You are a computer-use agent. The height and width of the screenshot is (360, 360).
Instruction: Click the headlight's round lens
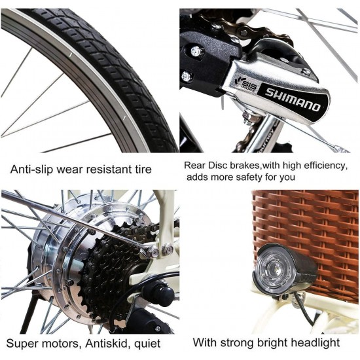tap(274, 271)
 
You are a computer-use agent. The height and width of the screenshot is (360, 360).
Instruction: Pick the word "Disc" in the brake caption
tap(218, 166)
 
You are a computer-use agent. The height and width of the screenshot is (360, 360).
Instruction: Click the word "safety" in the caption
tap(249, 177)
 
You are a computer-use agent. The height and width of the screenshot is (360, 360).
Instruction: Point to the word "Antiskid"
tap(106, 344)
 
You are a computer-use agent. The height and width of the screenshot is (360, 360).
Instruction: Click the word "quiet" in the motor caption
tap(147, 344)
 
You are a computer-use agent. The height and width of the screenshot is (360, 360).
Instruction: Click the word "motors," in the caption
tap(59, 344)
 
